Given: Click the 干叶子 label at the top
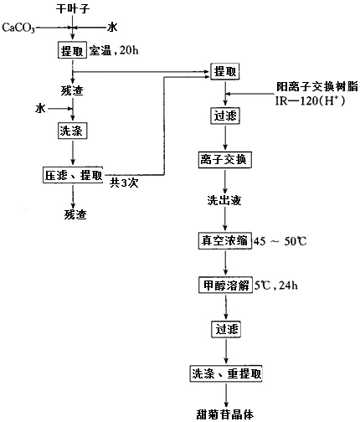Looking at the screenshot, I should coord(73,8).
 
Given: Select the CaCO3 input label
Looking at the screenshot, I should coord(19,28).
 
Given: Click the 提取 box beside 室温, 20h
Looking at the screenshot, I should coord(73,52).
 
